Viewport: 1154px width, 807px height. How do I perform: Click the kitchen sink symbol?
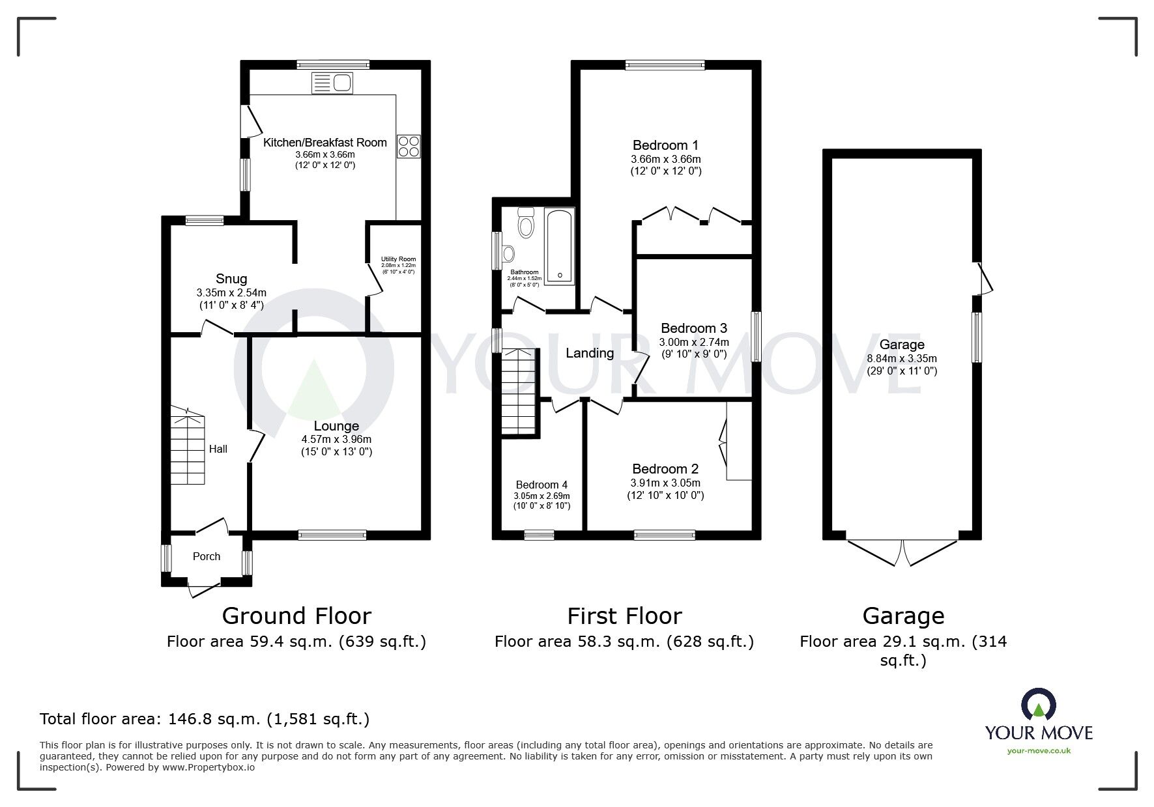click(332, 83)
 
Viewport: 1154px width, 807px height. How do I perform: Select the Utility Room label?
click(398, 259)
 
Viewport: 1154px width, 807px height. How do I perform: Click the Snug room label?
click(231, 279)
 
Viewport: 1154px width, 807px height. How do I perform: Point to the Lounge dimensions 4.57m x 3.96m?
click(336, 440)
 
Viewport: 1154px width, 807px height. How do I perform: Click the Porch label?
click(207, 556)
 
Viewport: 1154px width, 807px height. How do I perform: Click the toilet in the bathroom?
click(525, 223)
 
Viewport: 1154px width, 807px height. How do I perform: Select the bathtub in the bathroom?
click(559, 246)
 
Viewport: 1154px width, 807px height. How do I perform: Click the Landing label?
click(589, 353)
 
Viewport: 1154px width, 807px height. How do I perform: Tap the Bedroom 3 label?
click(693, 328)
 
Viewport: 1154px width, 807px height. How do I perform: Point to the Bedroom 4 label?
click(541, 485)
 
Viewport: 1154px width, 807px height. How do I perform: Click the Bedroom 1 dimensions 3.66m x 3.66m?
click(665, 159)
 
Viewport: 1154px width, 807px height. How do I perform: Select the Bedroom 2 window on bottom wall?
click(665, 535)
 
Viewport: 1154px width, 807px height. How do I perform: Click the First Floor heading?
click(624, 616)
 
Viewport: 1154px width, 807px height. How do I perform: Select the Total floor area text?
click(205, 719)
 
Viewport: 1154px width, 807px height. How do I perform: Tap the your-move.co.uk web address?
click(1039, 750)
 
